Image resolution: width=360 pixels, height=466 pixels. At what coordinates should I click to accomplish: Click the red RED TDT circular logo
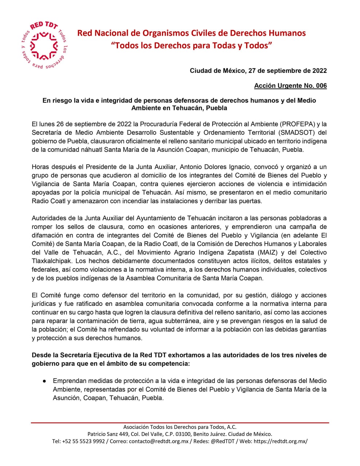point(44,46)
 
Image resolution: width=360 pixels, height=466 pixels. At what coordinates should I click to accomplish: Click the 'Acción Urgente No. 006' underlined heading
point(290,86)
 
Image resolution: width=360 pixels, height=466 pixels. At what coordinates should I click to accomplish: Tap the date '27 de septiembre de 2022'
point(287,71)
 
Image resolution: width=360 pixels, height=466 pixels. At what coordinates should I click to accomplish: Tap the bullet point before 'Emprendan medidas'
point(44,381)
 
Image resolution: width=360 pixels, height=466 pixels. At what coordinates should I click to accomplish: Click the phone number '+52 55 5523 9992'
point(84,441)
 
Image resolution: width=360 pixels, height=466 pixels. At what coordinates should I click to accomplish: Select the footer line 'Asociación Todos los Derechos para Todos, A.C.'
point(180,427)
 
